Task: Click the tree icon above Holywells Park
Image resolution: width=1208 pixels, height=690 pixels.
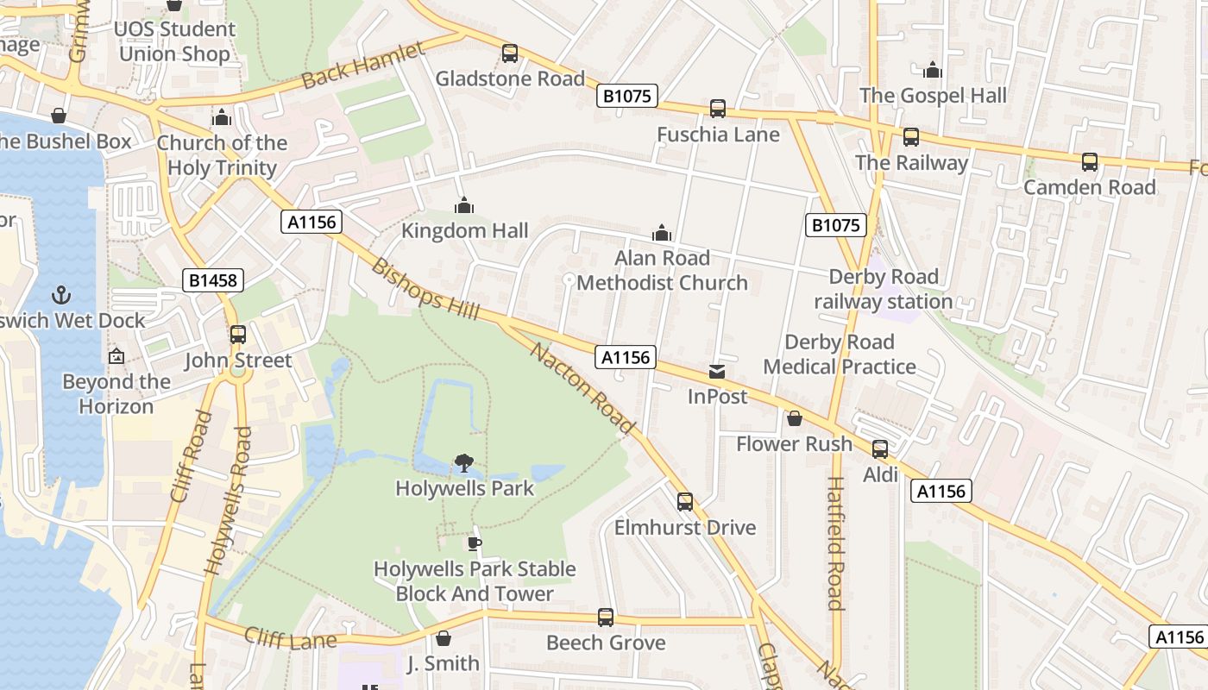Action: (464, 463)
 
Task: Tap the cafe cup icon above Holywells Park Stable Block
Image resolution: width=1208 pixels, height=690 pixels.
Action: (474, 543)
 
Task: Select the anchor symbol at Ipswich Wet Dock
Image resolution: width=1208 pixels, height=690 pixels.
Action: (60, 295)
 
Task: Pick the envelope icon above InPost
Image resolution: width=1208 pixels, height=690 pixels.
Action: (717, 372)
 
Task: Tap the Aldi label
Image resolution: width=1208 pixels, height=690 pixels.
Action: (880, 474)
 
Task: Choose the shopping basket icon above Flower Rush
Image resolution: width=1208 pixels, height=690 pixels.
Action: (794, 419)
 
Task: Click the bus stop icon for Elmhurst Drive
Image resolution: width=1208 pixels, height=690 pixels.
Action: (685, 502)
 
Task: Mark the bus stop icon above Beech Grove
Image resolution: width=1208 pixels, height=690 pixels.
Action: (606, 618)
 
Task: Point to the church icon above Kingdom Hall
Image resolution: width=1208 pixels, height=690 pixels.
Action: (464, 206)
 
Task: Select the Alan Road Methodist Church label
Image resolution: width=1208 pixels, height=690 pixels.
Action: (662, 270)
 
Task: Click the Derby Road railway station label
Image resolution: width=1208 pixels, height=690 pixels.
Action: (884, 289)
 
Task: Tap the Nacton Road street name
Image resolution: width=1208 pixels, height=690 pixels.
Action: (582, 388)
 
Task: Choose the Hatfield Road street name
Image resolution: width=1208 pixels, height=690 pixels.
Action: (834, 543)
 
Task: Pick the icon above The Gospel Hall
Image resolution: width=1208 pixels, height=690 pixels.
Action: (933, 71)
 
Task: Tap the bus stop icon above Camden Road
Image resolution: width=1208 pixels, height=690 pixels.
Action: (1090, 162)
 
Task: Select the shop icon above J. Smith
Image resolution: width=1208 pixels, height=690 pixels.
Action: (444, 639)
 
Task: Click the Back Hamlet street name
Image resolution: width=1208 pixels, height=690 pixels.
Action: (363, 66)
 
